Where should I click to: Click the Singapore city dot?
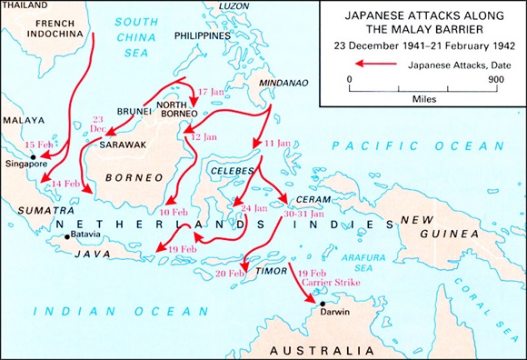pos(34,156)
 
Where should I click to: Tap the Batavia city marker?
pos(66,236)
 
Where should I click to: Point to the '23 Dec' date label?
pos(98,125)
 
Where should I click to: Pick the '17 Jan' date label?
pos(210,92)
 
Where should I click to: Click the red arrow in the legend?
pos(373,65)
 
